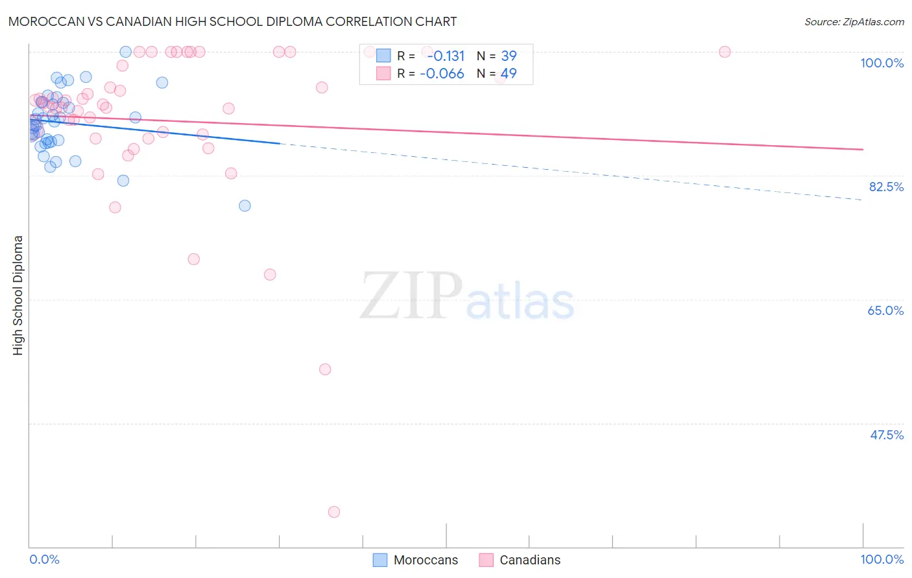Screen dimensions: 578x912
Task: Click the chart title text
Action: (233, 21)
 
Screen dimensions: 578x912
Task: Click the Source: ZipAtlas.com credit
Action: (854, 21)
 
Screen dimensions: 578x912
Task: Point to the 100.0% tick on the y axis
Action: (882, 63)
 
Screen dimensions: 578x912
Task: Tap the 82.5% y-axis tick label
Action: (886, 187)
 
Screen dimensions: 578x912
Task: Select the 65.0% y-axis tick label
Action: (885, 310)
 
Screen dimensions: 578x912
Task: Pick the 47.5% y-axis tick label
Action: (886, 435)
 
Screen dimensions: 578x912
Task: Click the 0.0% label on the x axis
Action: (45, 559)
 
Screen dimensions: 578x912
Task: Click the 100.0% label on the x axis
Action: (882, 559)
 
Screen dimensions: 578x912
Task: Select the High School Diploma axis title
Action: (18, 295)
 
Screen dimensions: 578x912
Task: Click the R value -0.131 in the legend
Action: (446, 56)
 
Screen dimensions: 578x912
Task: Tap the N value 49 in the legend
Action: (509, 74)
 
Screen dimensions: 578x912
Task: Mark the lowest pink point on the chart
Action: (334, 512)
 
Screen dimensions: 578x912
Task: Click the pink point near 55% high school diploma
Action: (325, 369)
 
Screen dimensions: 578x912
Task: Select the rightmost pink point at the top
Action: (725, 52)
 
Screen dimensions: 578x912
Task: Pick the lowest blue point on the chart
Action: (245, 205)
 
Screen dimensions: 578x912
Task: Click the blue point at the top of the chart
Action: (126, 52)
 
